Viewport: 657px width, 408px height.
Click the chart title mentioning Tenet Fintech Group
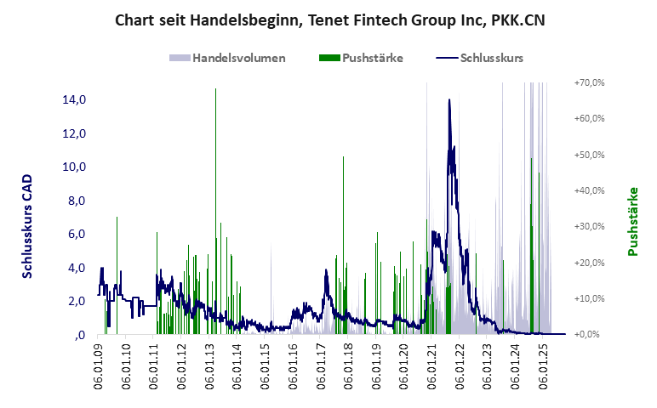[x=329, y=20]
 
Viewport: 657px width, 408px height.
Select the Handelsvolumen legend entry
[x=227, y=58]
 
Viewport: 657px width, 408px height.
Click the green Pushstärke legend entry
[x=361, y=58]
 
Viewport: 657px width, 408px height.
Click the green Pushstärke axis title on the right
[x=632, y=222]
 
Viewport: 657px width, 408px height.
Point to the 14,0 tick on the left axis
[x=74, y=99]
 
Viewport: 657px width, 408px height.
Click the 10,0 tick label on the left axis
[x=74, y=167]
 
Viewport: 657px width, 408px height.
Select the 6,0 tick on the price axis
[x=77, y=234]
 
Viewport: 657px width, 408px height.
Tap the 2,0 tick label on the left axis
[x=77, y=301]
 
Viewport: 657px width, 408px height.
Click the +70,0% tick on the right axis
[x=589, y=82]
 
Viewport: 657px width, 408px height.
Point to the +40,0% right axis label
[x=589, y=190]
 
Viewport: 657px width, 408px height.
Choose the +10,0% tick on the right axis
[x=589, y=298]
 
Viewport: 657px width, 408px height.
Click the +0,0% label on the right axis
[x=591, y=334]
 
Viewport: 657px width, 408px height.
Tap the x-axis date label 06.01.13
[x=209, y=367]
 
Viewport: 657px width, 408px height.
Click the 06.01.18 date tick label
[x=348, y=367]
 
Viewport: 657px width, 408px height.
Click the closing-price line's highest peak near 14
[x=448, y=100]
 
